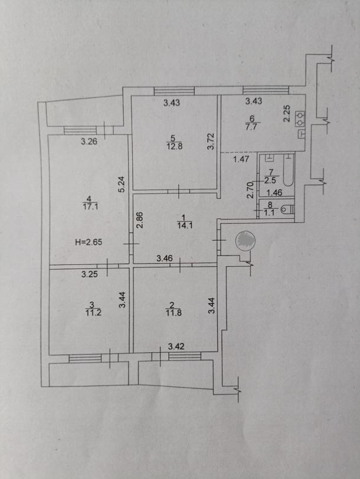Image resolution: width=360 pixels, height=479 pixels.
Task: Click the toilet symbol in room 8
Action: pos(287,209)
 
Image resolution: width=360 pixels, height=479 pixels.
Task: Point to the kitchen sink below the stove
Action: pos(302,134)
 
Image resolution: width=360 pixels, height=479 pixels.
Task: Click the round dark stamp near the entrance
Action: pos(245,241)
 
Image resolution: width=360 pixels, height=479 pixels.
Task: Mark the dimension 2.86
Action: pos(139,219)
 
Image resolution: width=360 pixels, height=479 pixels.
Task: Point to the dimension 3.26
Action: pos(89,141)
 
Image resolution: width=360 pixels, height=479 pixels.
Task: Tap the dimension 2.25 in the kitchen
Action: pos(287,113)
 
